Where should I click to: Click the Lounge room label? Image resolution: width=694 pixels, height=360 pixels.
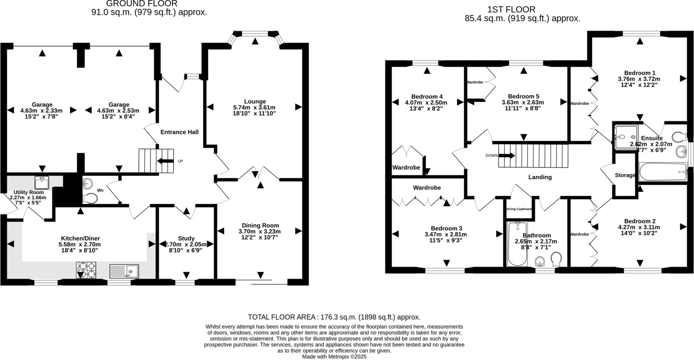pyautogui.click(x=255, y=101)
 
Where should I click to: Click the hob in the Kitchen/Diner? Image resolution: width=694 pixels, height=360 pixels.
pyautogui.click(x=86, y=270)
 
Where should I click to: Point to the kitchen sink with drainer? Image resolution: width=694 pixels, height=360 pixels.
pyautogui.click(x=124, y=271)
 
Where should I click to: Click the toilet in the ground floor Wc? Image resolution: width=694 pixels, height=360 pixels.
pyautogui.click(x=90, y=198)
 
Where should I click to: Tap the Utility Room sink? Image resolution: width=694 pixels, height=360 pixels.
pyautogui.click(x=42, y=182)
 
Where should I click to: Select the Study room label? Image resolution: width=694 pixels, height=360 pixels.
pyautogui.click(x=186, y=238)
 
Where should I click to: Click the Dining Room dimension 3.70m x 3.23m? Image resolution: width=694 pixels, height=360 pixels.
pyautogui.click(x=260, y=232)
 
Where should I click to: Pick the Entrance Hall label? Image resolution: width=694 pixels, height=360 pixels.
pyautogui.click(x=179, y=132)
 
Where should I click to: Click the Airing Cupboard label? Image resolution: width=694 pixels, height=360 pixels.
pyautogui.click(x=519, y=209)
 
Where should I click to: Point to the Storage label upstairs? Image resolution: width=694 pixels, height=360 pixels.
pyautogui.click(x=625, y=175)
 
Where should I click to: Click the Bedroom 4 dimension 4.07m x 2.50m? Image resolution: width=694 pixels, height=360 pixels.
pyautogui.click(x=426, y=103)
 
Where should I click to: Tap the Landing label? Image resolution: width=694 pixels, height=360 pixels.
pyautogui.click(x=540, y=177)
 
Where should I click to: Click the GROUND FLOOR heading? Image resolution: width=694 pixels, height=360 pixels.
pyautogui.click(x=142, y=4)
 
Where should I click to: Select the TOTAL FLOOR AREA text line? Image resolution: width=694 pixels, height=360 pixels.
pyautogui.click(x=334, y=317)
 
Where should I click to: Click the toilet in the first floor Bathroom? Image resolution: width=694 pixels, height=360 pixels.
pyautogui.click(x=556, y=259)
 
